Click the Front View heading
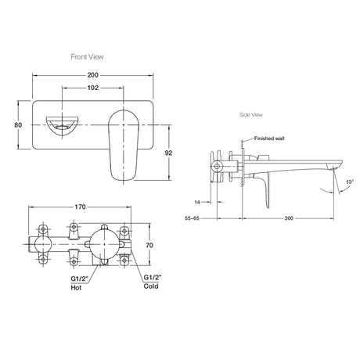87,57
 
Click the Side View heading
251,115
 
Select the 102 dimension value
93,88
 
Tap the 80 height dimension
18,125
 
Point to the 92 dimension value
168,153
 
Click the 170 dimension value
80,207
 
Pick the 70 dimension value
149,245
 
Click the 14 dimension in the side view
197,202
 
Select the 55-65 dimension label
192,218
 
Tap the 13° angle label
350,182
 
